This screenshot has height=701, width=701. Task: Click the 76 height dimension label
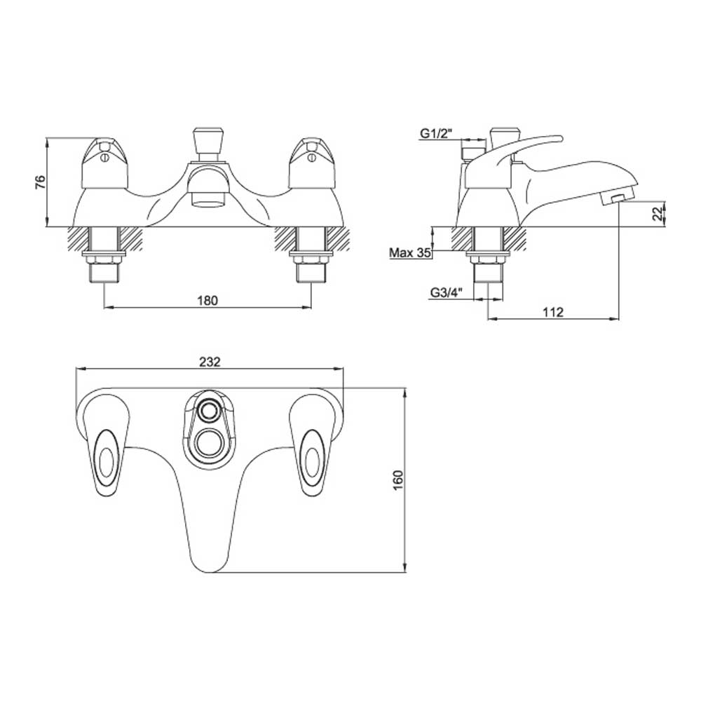point(41,182)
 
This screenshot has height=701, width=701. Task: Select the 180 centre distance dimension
point(208,300)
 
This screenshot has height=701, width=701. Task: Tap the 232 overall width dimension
point(210,362)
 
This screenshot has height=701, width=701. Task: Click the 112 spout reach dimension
point(553,313)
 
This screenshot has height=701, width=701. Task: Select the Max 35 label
point(410,253)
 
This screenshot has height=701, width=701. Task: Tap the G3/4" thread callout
point(444,294)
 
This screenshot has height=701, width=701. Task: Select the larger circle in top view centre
point(208,444)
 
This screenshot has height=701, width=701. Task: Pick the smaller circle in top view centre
point(208,411)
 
